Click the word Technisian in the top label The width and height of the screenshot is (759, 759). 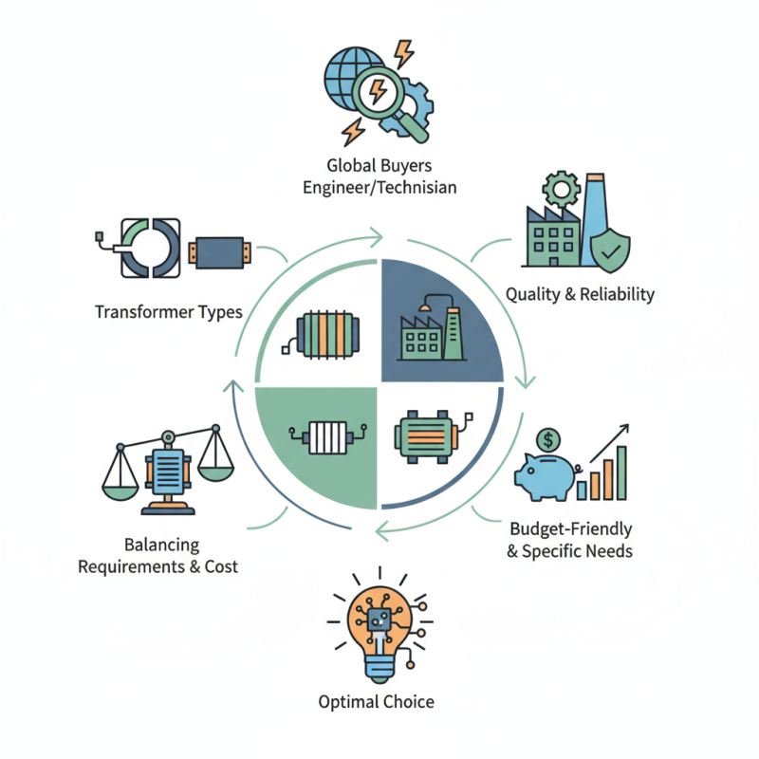417,187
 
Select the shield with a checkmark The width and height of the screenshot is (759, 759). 610,250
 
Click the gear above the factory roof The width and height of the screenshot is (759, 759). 562,189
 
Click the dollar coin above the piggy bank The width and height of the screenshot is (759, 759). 548,440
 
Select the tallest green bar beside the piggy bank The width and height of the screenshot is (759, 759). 621,472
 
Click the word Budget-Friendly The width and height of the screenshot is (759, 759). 571,528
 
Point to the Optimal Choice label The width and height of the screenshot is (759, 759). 376,702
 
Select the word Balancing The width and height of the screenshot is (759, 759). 161,545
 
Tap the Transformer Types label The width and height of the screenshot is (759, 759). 169,312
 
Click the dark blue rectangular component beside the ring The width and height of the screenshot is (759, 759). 220,252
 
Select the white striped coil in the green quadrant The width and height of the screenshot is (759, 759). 327,437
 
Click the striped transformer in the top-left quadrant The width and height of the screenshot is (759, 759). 322,335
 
